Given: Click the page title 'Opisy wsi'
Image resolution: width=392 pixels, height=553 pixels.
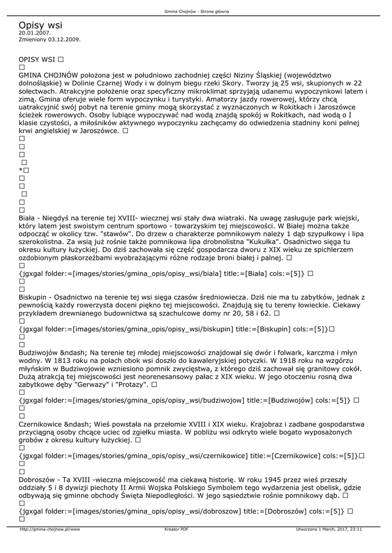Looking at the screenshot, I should point(40,25).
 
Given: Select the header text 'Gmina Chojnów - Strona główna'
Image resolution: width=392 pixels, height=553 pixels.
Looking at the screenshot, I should point(196,11).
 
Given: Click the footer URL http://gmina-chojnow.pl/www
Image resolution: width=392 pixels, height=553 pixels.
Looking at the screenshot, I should point(50,529).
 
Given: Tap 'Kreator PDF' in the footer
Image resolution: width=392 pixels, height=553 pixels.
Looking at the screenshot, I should point(176,529).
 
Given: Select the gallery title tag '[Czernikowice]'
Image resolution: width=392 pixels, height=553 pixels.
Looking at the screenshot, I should point(297,455).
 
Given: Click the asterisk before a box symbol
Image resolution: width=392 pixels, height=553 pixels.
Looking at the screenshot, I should point(21,171).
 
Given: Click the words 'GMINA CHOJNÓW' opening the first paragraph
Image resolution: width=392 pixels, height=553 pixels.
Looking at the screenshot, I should point(49,75).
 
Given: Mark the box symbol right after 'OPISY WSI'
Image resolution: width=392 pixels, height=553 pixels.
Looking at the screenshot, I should point(61,58).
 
